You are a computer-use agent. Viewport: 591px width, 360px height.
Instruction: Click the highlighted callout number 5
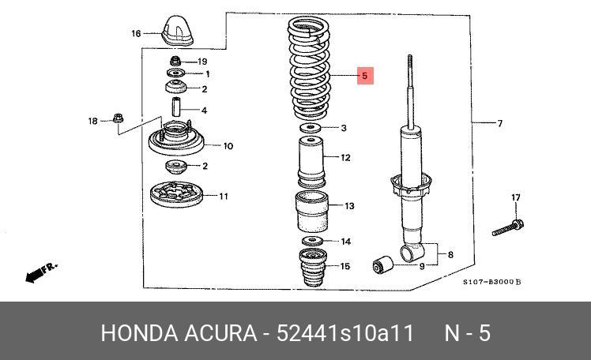point(365,76)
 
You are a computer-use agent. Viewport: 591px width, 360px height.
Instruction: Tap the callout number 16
point(136,33)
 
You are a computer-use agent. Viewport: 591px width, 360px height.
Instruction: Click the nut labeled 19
point(176,62)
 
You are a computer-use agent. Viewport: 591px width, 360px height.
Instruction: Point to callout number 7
point(499,123)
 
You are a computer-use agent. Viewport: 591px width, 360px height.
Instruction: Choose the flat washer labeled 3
point(311,128)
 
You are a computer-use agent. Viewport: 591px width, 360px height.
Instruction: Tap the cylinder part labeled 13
point(312,212)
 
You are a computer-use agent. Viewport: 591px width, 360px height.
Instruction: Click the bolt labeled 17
point(506,227)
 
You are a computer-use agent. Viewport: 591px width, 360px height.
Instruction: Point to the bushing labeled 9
point(383,264)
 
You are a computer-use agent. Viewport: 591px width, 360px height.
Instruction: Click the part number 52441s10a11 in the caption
point(346,333)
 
